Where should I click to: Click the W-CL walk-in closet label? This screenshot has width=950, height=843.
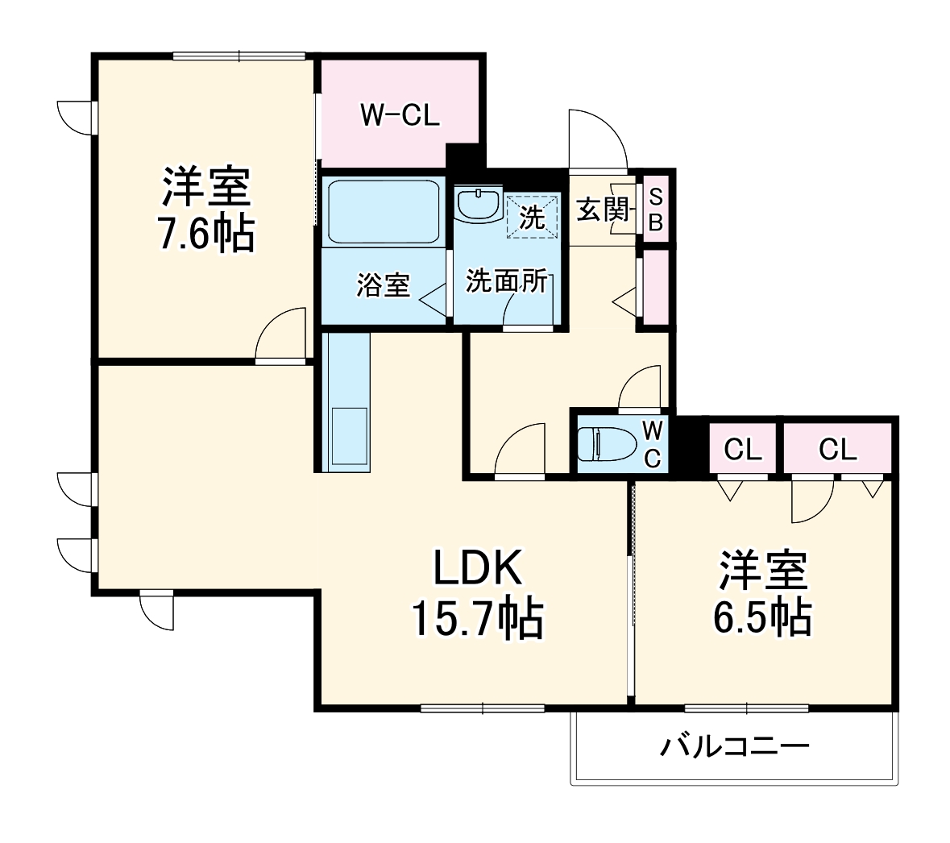click(400, 116)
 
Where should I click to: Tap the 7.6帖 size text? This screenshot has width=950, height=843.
click(206, 235)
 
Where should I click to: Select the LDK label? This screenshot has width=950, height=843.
click(479, 570)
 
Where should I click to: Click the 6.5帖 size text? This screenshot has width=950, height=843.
click(762, 618)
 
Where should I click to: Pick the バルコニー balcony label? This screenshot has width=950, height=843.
click(735, 746)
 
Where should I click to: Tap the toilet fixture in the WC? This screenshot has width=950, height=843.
click(604, 444)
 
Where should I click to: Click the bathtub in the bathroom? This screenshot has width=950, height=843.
click(381, 210)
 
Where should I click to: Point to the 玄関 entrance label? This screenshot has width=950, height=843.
click(601, 210)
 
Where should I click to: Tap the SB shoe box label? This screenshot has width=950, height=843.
click(655, 209)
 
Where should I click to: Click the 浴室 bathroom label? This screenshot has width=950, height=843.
click(384, 284)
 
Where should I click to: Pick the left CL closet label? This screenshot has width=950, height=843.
click(742, 450)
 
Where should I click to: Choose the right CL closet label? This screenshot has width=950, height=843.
click(838, 450)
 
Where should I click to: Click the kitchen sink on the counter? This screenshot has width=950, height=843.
click(348, 436)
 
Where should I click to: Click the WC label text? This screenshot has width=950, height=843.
click(653, 444)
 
